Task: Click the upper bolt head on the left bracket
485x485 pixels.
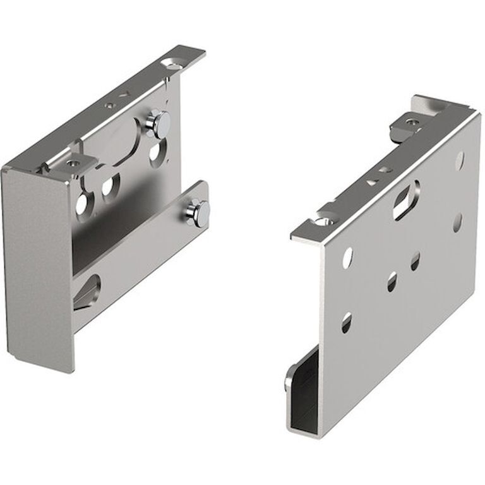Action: click(x=157, y=123)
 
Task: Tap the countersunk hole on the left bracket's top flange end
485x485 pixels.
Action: click(x=171, y=64)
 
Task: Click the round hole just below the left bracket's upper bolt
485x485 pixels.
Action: click(x=155, y=152)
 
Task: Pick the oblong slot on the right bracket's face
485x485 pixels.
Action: click(x=406, y=200)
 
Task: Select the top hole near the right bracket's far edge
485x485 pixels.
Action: click(x=459, y=160)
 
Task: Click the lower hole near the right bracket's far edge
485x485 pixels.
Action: click(x=457, y=222)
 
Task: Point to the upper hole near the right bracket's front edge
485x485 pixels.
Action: click(x=347, y=257)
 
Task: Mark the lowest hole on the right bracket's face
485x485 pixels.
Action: click(x=346, y=323)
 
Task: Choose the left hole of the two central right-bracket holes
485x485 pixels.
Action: click(x=392, y=282)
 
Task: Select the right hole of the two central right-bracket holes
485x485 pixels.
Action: click(x=415, y=261)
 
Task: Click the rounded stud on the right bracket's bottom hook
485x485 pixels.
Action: click(x=289, y=380)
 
